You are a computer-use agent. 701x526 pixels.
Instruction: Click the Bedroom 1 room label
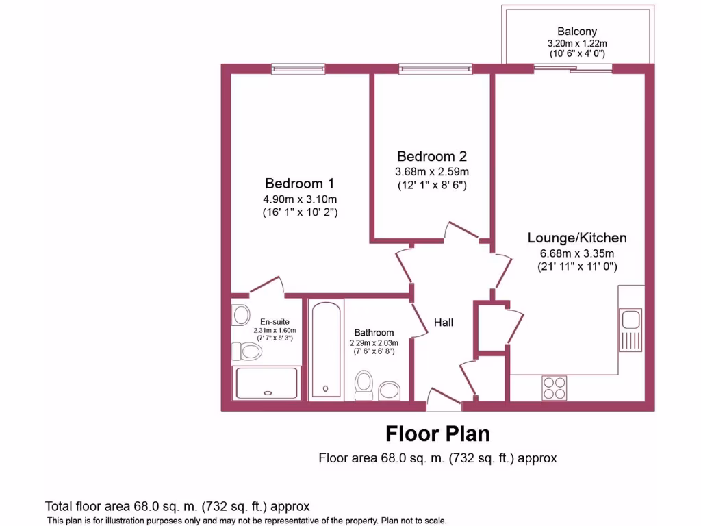tap(300, 184)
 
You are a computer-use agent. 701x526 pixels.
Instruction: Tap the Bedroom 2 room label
tap(433, 156)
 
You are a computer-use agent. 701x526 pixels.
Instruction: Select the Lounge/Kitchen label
tap(577, 238)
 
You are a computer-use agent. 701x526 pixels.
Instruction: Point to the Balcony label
tap(576, 32)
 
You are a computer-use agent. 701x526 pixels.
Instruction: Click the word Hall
tap(444, 323)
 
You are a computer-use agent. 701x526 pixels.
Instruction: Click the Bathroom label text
tap(374, 333)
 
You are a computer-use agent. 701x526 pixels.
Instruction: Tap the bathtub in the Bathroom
tap(324, 349)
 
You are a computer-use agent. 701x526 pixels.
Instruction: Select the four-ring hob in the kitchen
tap(554, 388)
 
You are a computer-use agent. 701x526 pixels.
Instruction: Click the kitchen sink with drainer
tap(630, 328)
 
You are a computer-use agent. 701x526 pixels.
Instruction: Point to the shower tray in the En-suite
tap(267, 384)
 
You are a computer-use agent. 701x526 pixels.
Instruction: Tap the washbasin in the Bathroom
tap(390, 391)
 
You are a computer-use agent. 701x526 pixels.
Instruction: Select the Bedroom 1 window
tap(298, 68)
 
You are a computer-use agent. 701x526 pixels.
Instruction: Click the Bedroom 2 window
tap(435, 68)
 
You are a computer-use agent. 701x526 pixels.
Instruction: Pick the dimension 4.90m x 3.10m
tap(300, 199)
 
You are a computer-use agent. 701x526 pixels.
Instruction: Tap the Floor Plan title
tap(437, 434)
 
